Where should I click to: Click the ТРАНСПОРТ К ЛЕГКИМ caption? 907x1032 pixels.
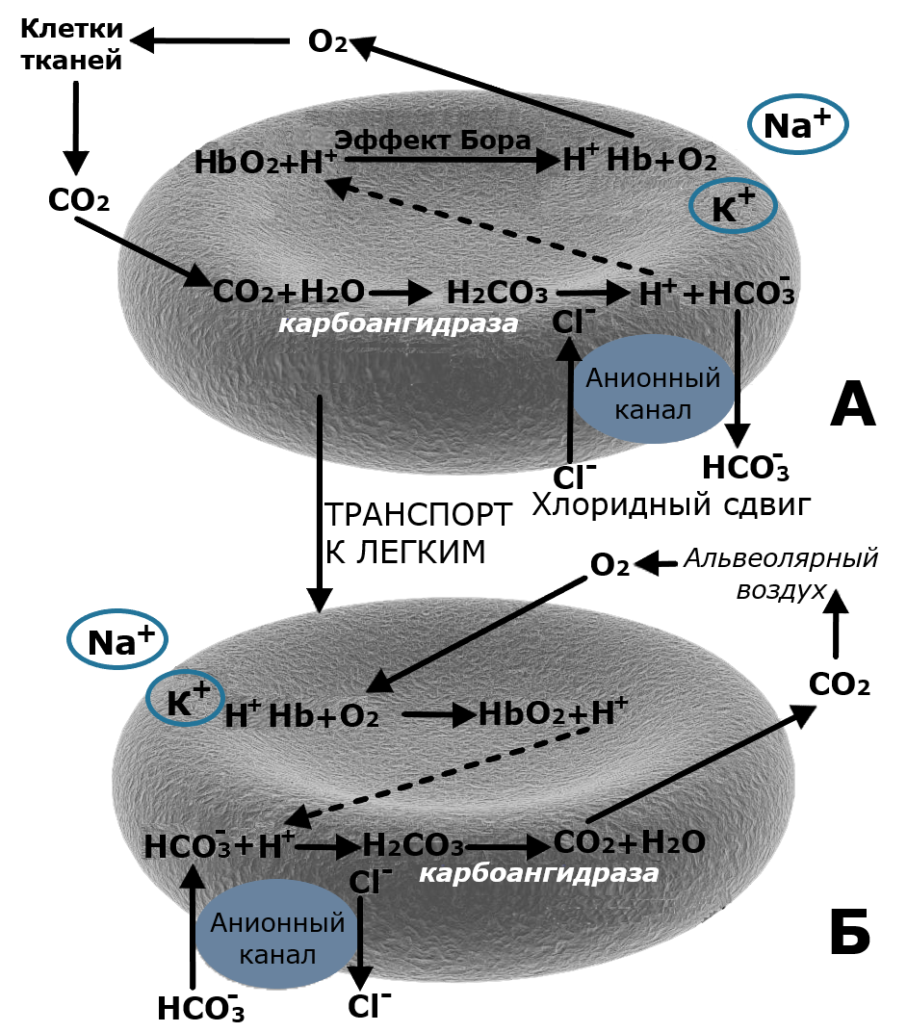[416, 532]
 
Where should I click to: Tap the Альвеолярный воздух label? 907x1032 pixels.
[782, 575]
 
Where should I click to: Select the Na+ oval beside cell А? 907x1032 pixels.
[796, 125]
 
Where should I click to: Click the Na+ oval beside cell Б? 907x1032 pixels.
[117, 642]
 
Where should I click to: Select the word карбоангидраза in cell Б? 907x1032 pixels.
[538, 873]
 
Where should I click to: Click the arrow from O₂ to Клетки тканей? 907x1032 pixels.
[211, 41]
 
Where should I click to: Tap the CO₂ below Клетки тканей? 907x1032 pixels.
[78, 201]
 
